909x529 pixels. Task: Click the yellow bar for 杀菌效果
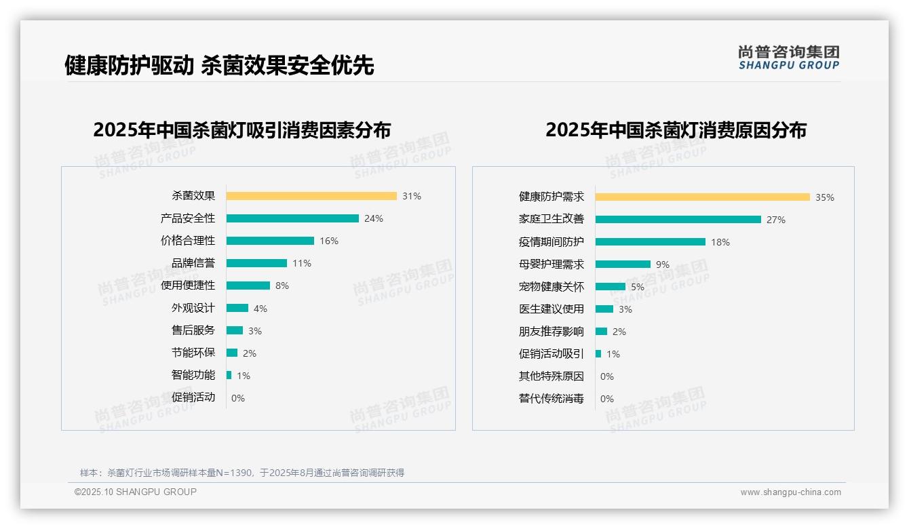(311, 196)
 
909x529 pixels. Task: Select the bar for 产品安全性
(292, 218)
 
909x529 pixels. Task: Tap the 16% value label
(329, 241)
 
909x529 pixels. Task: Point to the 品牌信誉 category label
(193, 263)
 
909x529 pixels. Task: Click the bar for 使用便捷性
(248, 286)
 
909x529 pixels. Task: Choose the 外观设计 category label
(193, 308)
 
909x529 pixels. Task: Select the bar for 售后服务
(235, 330)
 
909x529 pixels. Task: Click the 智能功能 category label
(193, 375)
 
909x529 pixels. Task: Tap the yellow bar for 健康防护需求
(703, 197)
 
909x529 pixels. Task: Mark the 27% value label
(776, 220)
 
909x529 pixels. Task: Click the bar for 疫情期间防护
(651, 242)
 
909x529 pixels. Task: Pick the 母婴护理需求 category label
(552, 264)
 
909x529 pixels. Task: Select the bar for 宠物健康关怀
(611, 287)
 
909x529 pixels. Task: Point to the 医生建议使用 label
(552, 309)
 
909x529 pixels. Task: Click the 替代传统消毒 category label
(552, 399)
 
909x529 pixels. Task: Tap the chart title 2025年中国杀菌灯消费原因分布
(676, 130)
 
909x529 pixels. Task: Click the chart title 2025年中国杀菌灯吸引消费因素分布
(241, 130)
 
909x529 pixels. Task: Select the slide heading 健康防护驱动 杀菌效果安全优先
(219, 66)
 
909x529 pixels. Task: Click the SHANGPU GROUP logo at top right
(788, 58)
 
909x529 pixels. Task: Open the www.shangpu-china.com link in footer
(790, 492)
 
